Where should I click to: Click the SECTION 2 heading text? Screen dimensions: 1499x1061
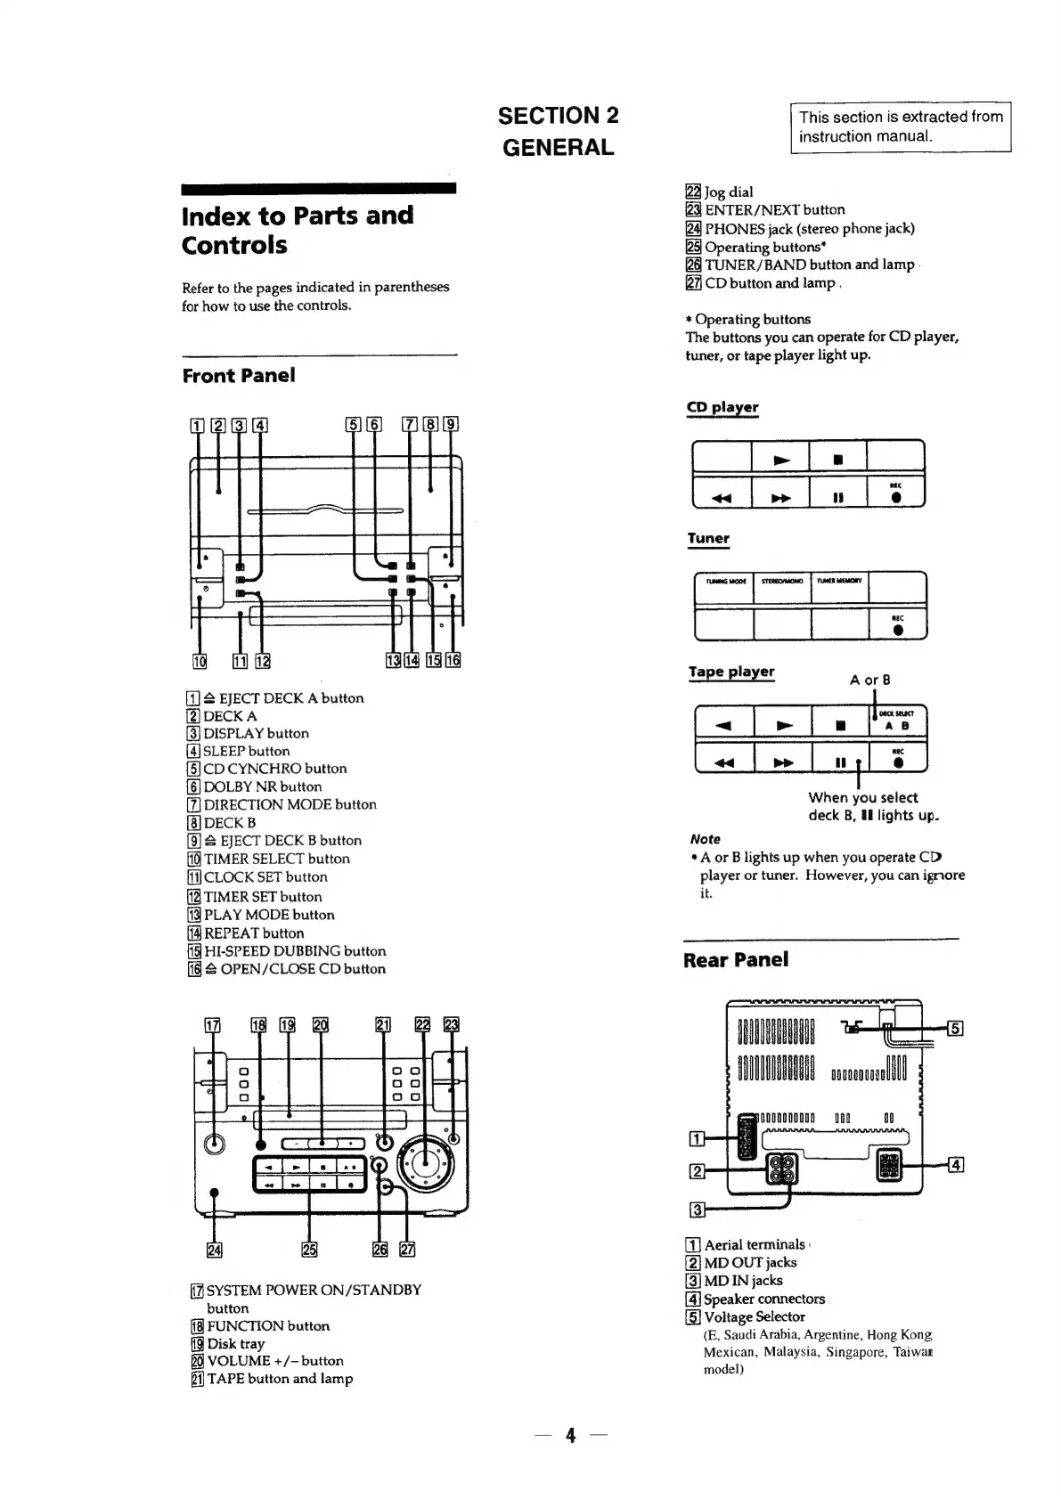pyautogui.click(x=558, y=116)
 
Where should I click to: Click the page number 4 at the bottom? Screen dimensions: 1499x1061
pyautogui.click(x=570, y=1435)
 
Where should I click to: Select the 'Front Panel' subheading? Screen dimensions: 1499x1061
pyautogui.click(x=238, y=375)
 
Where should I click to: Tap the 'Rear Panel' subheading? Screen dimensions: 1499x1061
pyautogui.click(x=735, y=959)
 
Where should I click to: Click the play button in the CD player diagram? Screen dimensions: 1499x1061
pyautogui.click(x=781, y=460)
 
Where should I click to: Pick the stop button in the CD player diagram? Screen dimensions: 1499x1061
pyautogui.click(x=837, y=460)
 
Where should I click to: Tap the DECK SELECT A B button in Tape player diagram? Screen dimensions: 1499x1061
pyautogui.click(x=896, y=720)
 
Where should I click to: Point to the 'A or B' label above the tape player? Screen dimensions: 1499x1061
pyautogui.click(x=869, y=680)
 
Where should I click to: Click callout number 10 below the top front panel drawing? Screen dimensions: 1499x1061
pyautogui.click(x=200, y=660)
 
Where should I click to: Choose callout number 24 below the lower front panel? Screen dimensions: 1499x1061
pyautogui.click(x=214, y=1250)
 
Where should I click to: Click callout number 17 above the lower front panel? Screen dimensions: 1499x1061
pyautogui.click(x=212, y=1025)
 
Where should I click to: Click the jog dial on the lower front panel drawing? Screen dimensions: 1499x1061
pyautogui.click(x=425, y=1160)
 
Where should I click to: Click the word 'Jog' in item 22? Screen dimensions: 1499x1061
pyautogui.click(x=715, y=191)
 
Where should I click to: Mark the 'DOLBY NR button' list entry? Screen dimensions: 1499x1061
pyautogui.click(x=262, y=786)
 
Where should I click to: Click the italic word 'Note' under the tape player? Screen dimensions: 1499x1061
pyautogui.click(x=705, y=839)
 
